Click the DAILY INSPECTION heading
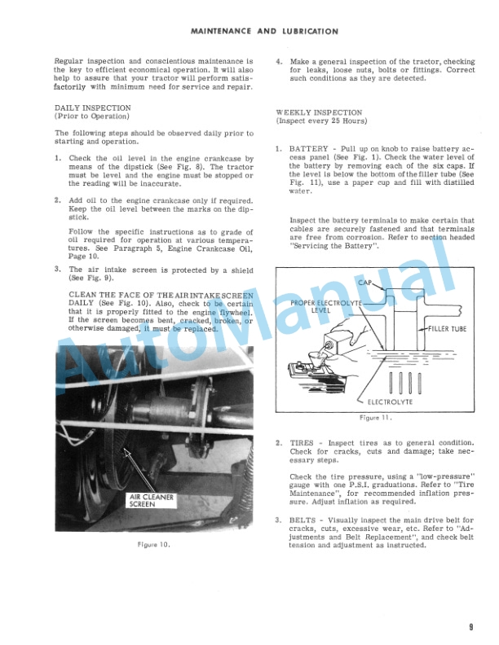92,107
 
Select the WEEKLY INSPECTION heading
319,112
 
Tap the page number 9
471,626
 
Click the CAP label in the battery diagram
365,282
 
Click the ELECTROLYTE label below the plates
390,401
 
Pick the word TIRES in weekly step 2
302,443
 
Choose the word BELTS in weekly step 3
303,520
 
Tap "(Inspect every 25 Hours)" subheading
319,121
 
